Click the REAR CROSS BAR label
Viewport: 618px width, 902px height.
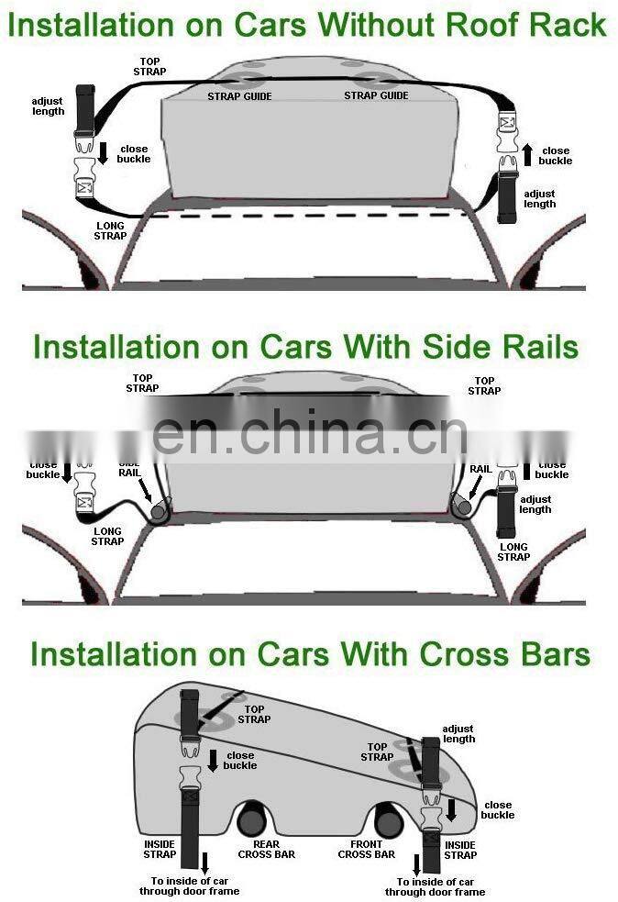point(266,849)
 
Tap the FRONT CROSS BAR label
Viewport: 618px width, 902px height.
point(366,849)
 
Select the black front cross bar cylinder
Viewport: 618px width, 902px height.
point(388,819)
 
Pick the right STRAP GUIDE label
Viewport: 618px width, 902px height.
point(376,95)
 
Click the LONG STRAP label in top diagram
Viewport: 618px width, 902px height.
point(109,230)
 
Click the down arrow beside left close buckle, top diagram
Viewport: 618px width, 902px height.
point(104,152)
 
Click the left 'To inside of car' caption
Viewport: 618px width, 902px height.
point(189,885)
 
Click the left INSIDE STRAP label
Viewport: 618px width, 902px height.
point(160,849)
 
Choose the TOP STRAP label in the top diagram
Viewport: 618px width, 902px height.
point(149,66)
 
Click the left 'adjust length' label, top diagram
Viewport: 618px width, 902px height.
point(48,106)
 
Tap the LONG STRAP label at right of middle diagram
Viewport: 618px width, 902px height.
point(513,551)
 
